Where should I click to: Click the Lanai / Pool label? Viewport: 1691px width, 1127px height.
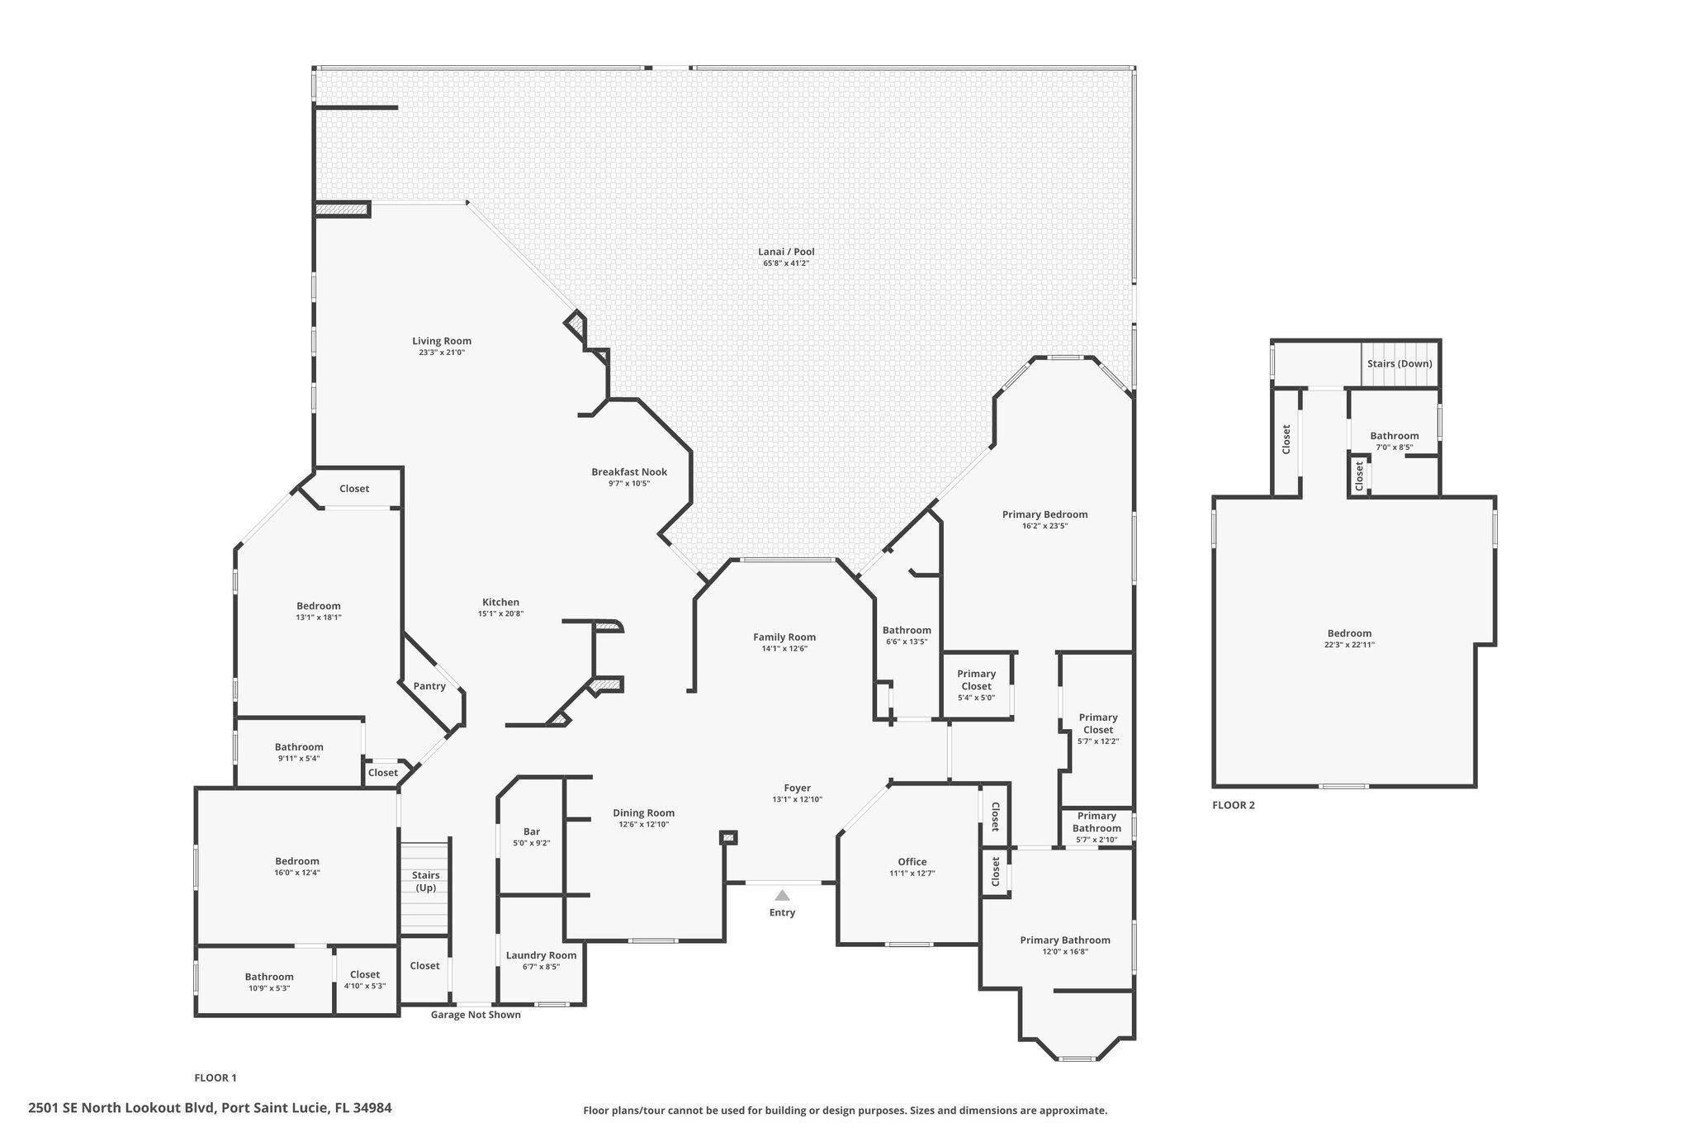coord(786,253)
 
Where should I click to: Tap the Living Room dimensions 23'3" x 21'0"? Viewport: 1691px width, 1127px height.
coord(442,353)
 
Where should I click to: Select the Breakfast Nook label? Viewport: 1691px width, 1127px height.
coord(629,472)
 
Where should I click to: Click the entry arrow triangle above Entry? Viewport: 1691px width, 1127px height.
coord(782,895)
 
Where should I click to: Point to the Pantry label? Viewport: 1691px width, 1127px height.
coord(429,686)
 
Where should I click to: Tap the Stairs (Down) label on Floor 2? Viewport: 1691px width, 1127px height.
coord(1400,364)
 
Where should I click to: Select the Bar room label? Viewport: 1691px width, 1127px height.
coord(532,832)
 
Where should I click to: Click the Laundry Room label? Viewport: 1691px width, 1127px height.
coord(541,955)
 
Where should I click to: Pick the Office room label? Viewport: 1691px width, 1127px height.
coord(912,862)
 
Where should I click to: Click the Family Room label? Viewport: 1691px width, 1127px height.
coord(784,637)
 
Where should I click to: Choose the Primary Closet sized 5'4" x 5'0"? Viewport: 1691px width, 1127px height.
coord(976,685)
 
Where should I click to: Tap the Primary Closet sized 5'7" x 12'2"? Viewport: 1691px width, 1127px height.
coord(1098,729)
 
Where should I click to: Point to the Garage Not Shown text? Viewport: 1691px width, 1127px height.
coord(476,1015)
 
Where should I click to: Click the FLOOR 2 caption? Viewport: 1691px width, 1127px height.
coord(1233,805)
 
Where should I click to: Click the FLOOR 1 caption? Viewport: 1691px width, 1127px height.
coord(216,1077)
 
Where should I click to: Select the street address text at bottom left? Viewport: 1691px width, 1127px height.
coord(210,1108)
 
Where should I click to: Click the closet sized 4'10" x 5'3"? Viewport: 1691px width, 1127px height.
coord(365,980)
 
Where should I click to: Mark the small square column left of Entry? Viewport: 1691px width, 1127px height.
coord(728,838)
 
